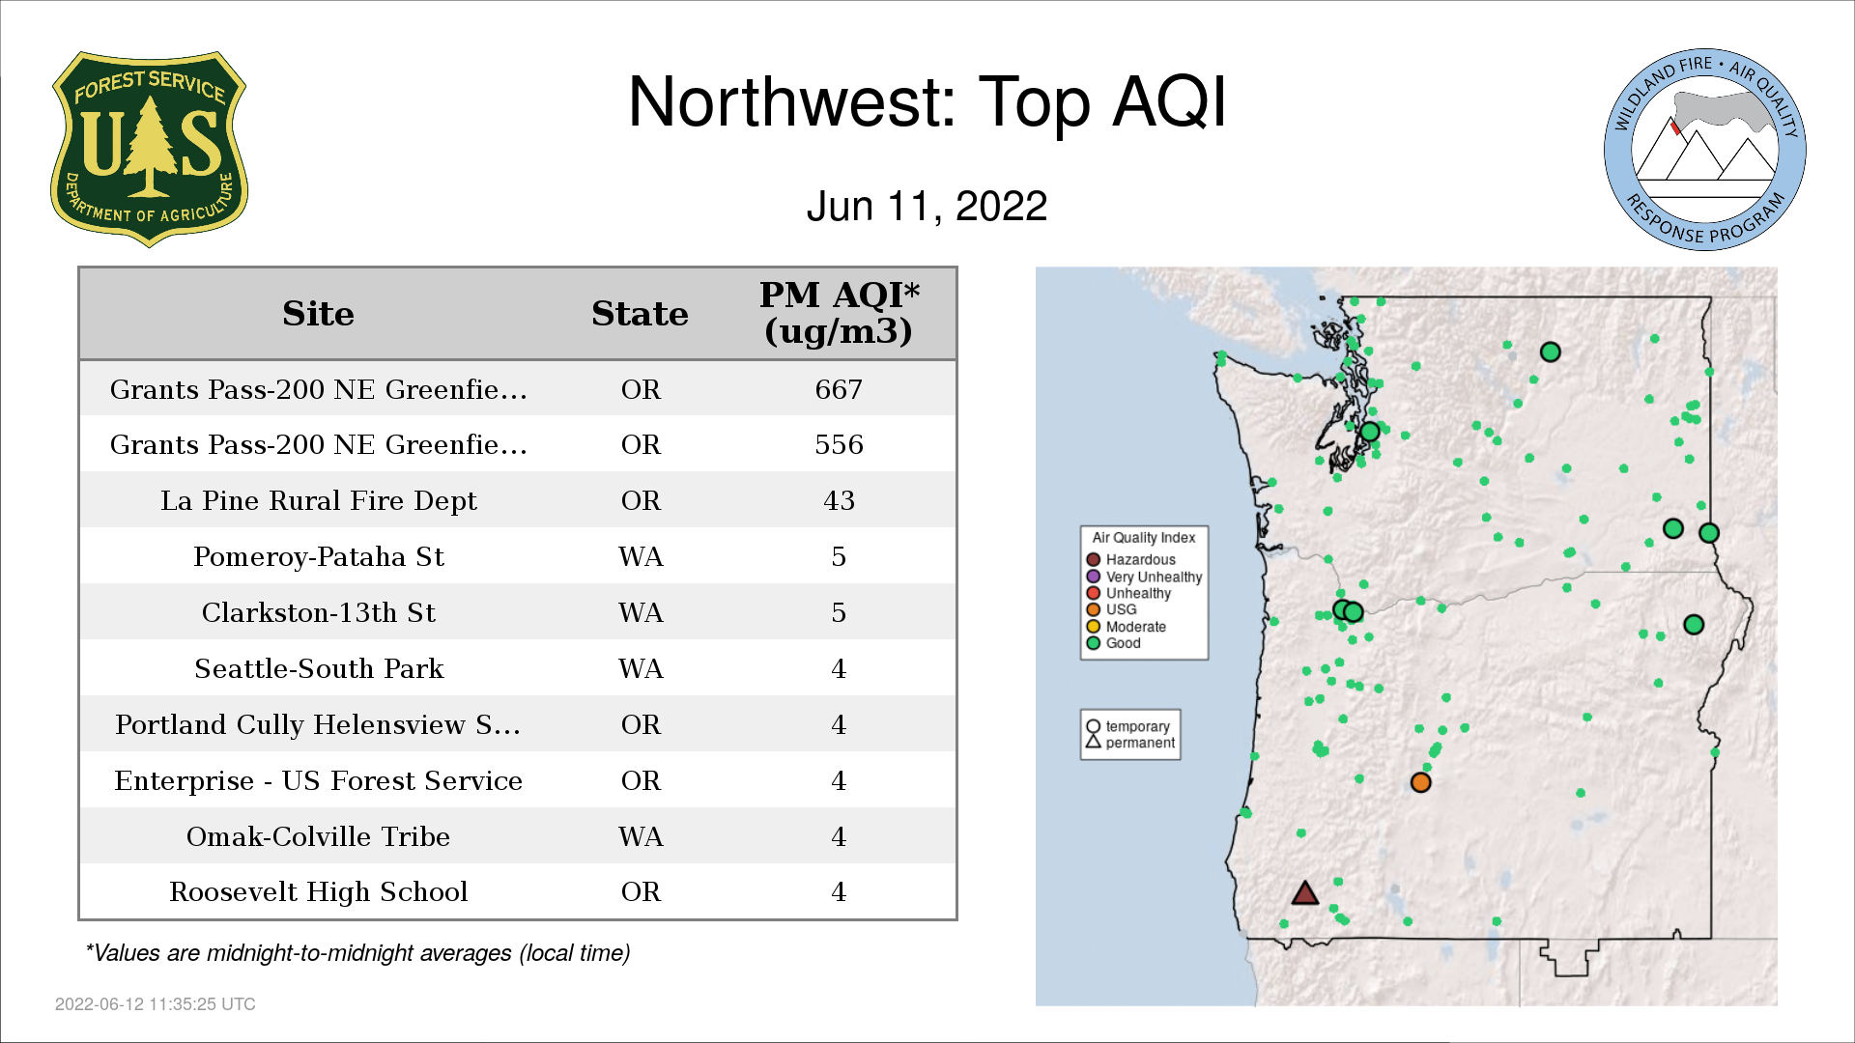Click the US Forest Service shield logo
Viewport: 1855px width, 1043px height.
pyautogui.click(x=149, y=149)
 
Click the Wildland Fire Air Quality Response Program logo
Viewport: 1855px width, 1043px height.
pyautogui.click(x=1704, y=150)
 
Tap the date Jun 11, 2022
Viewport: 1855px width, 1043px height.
pyautogui.click(x=927, y=207)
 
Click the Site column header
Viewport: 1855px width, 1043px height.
pyautogui.click(x=318, y=314)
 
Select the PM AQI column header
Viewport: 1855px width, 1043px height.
pyautogui.click(x=839, y=313)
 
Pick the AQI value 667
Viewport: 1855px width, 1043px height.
pyautogui.click(x=839, y=389)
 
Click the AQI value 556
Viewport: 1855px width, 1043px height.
pyautogui.click(x=839, y=444)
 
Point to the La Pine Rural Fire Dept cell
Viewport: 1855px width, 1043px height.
pyautogui.click(x=318, y=500)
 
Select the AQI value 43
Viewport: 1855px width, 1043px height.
pyautogui.click(x=839, y=500)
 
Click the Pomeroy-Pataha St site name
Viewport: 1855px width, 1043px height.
pyautogui.click(x=318, y=556)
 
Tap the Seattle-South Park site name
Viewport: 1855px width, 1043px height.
pyautogui.click(x=318, y=668)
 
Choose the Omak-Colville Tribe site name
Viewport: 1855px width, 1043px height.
pyautogui.click(x=318, y=836)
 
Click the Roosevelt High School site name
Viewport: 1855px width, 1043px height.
pyautogui.click(x=318, y=891)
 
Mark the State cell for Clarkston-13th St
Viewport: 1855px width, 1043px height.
pyautogui.click(x=641, y=612)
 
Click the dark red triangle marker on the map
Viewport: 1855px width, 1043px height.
pyautogui.click(x=1305, y=894)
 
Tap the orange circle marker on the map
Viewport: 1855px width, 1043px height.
pyautogui.click(x=1420, y=782)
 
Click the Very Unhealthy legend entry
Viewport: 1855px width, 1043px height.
pyautogui.click(x=1144, y=577)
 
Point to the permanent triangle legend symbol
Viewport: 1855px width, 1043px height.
pyautogui.click(x=1094, y=742)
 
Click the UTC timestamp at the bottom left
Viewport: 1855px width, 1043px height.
pyautogui.click(x=156, y=1004)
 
